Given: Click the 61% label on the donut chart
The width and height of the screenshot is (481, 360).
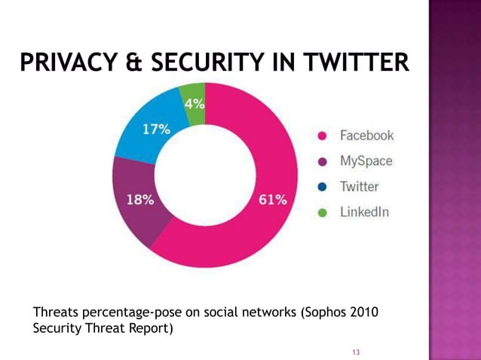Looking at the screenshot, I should (x=273, y=200).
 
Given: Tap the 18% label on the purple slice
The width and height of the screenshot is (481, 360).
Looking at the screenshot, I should (x=140, y=200).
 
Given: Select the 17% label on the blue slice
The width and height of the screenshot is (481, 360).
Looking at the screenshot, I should (x=156, y=129).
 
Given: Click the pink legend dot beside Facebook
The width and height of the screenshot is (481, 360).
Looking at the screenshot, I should (x=322, y=136).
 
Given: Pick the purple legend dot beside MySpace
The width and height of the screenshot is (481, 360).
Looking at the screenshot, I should (x=322, y=162).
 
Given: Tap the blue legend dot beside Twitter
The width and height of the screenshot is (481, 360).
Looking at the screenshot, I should (x=322, y=188).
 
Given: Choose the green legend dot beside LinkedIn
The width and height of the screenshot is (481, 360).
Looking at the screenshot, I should (x=322, y=213).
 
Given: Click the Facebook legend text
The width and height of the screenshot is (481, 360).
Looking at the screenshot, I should (x=366, y=136).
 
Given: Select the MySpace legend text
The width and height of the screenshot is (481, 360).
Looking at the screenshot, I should (x=366, y=162).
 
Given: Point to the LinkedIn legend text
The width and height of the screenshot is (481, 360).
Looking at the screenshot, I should (x=364, y=212).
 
